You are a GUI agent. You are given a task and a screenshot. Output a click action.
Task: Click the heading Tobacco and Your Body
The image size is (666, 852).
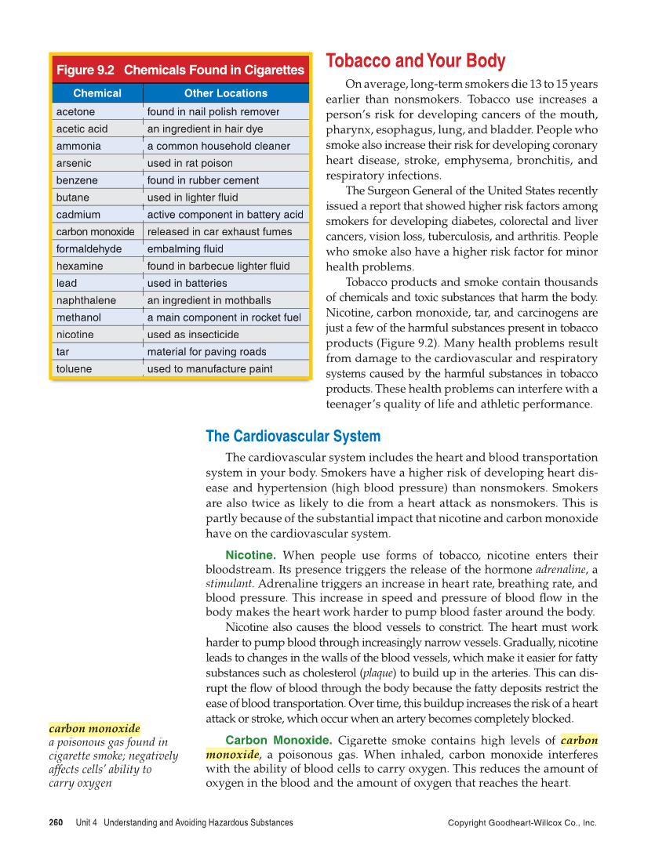(x=415, y=61)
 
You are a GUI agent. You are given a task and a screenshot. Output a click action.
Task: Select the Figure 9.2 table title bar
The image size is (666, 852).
(x=180, y=70)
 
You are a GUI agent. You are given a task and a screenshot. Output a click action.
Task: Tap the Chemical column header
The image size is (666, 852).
(x=97, y=92)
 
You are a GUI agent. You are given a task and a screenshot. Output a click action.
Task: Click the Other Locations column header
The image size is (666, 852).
(x=226, y=92)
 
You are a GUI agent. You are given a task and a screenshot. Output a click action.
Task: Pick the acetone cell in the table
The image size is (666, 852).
(x=75, y=111)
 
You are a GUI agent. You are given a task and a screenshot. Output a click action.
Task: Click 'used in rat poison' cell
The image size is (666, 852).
(x=190, y=163)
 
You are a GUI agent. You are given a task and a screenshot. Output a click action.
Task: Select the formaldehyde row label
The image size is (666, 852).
(x=89, y=248)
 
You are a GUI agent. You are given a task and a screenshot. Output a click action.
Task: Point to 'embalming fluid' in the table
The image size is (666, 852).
(x=185, y=248)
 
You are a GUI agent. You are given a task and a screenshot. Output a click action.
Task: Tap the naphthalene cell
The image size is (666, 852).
(x=86, y=300)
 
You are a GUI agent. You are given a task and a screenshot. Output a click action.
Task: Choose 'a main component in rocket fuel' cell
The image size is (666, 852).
(x=224, y=317)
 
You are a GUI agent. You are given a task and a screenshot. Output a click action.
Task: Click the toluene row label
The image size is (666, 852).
(x=74, y=368)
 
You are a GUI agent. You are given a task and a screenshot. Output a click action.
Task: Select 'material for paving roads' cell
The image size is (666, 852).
(x=206, y=352)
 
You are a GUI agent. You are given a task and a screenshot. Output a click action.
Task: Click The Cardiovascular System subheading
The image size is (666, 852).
(x=293, y=436)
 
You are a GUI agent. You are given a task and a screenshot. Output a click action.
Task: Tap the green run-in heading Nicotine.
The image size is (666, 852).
(x=250, y=555)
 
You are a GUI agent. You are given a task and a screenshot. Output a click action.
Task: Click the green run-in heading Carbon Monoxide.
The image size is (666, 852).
(x=278, y=740)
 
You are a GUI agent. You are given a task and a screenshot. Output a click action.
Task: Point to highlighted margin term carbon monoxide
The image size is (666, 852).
(x=94, y=728)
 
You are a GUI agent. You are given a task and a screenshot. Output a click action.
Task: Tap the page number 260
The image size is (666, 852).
(x=56, y=823)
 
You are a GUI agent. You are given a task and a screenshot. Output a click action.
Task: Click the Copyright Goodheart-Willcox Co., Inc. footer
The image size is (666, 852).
(x=522, y=823)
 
